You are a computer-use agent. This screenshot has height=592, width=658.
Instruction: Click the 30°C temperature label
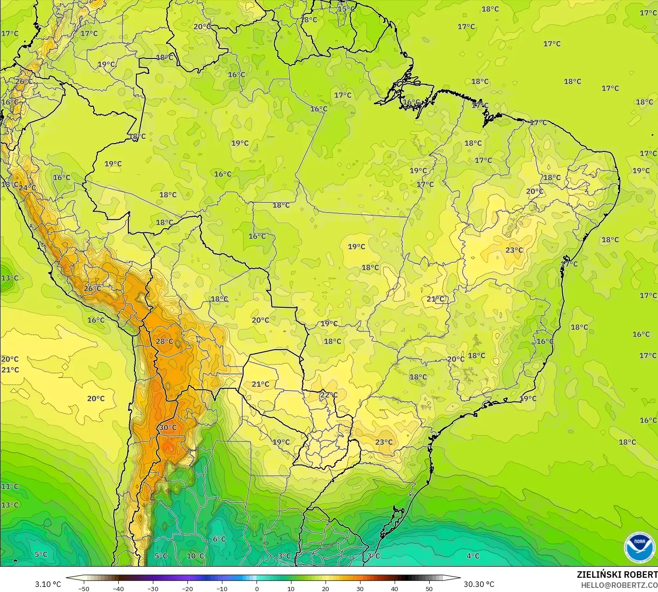[168, 427]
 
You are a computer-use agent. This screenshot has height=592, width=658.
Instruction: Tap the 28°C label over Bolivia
[164, 341]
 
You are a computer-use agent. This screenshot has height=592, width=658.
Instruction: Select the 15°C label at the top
[346, 9]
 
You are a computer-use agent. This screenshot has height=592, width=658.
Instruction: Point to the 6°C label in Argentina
[219, 539]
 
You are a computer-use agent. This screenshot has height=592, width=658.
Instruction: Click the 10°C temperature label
[195, 556]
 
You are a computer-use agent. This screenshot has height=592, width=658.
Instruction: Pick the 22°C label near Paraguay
[329, 395]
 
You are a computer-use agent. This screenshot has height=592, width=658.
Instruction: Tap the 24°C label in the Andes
[27, 188]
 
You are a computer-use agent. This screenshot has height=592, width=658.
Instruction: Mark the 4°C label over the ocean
[473, 556]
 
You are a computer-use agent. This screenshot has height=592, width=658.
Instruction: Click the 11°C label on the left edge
[10, 486]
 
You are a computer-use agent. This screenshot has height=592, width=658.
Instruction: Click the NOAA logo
[640, 547]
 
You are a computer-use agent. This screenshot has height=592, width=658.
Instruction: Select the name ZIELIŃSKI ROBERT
[617, 575]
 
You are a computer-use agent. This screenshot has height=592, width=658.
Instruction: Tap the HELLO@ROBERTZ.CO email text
[619, 585]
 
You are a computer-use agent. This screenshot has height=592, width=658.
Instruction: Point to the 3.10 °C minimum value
[48, 584]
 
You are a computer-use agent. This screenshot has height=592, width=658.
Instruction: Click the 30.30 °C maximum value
[479, 584]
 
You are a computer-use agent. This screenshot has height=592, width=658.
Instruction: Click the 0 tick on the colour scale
[256, 588]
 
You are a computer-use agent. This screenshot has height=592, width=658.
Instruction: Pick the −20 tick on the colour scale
[187, 588]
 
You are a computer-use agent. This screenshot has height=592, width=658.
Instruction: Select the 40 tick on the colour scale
[395, 588]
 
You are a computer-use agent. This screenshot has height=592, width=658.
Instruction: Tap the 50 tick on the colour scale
[429, 588]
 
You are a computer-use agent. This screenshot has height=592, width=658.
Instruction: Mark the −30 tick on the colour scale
[152, 588]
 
